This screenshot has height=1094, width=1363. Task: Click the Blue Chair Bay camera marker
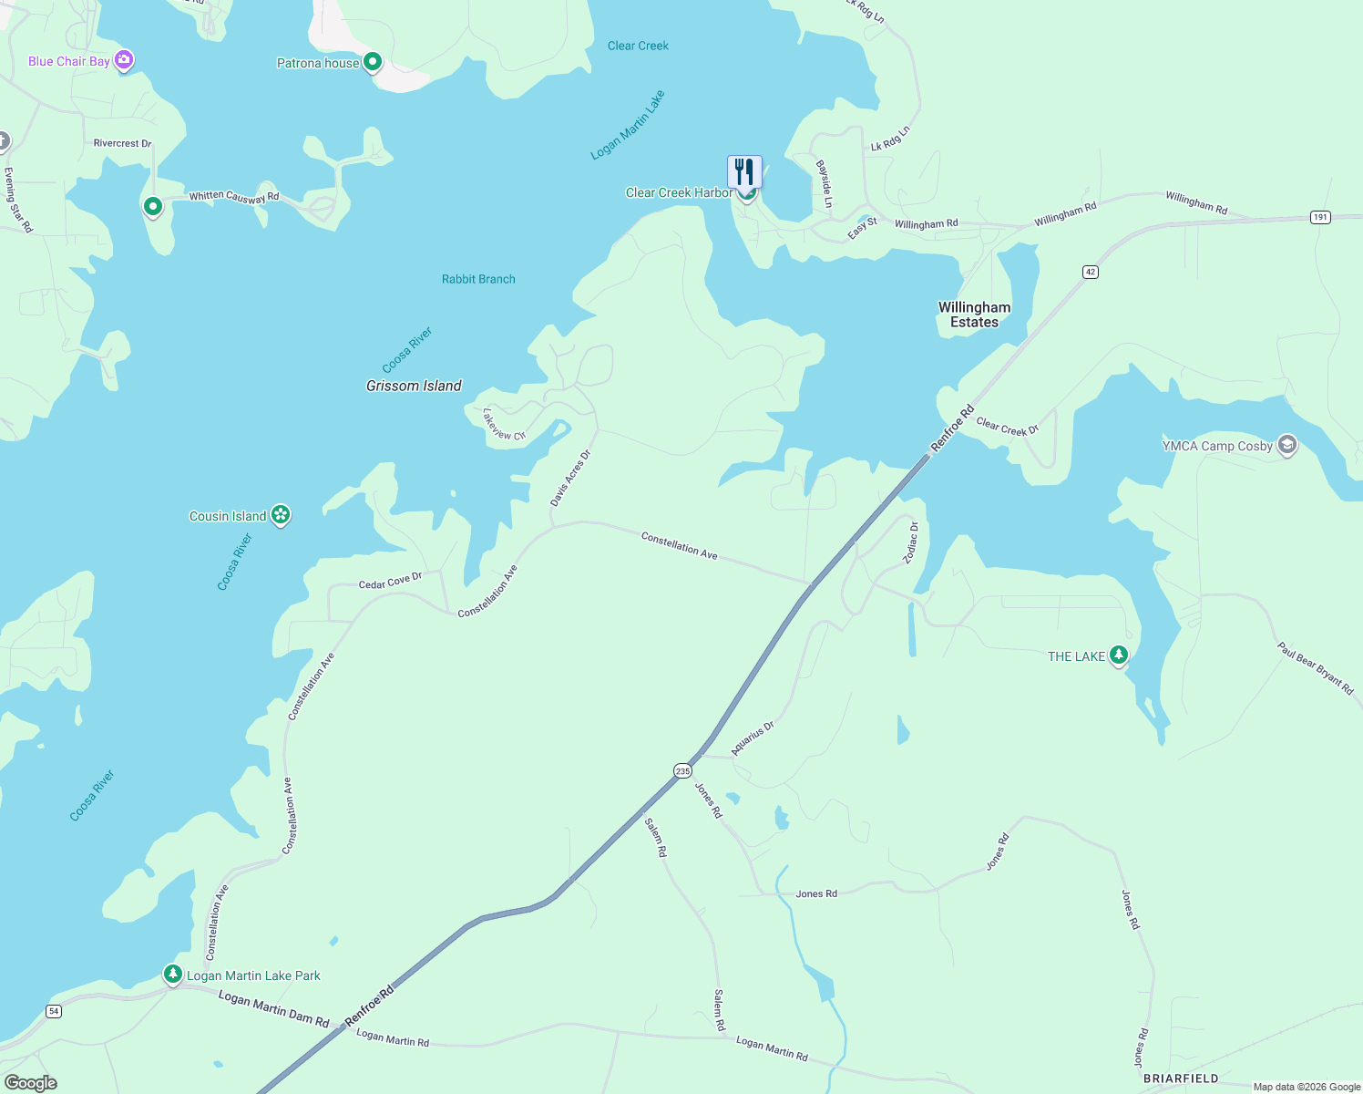(124, 61)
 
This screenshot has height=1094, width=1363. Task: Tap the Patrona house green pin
(372, 62)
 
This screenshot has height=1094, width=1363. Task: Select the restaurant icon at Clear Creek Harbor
(744, 171)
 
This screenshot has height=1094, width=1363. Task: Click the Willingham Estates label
(974, 315)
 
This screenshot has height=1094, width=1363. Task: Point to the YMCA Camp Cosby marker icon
(1287, 445)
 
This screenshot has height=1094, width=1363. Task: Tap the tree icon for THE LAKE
(1119, 655)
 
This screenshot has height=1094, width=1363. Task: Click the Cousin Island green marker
(281, 515)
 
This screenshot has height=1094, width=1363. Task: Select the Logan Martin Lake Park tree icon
(173, 974)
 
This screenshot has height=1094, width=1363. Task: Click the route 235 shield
(683, 771)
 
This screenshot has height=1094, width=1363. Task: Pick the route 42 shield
(1091, 272)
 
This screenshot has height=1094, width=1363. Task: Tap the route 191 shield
(1320, 217)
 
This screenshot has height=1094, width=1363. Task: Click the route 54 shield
(54, 1011)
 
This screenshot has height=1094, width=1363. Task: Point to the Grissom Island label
(414, 386)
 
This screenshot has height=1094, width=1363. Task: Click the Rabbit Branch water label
(478, 279)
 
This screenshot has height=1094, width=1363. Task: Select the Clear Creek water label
(638, 46)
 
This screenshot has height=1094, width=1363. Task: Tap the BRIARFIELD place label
(1181, 1079)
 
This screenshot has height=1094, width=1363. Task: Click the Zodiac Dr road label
(912, 542)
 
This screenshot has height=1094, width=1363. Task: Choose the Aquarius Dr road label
(753, 738)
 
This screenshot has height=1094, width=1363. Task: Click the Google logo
(31, 1083)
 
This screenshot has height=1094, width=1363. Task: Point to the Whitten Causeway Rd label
(233, 197)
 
